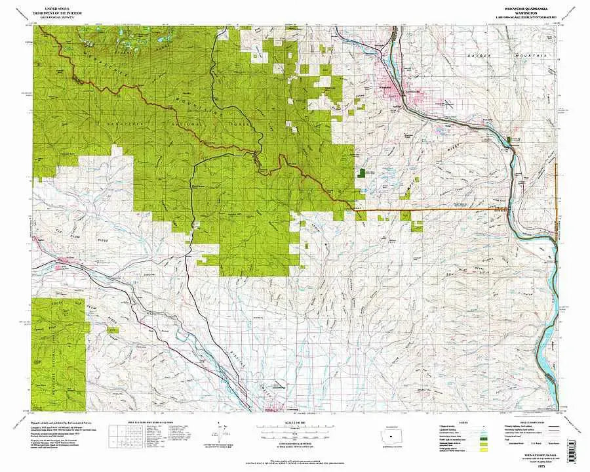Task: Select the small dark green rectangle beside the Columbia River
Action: [511, 139]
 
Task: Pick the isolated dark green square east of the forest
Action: [361, 173]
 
